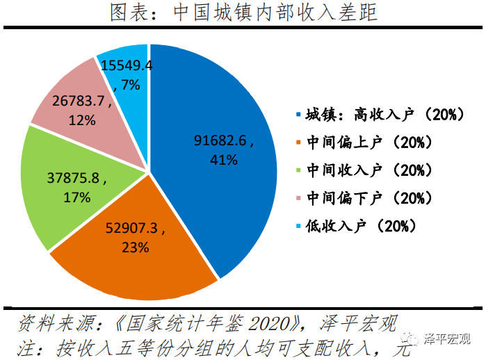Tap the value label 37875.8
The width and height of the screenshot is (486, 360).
(76, 179)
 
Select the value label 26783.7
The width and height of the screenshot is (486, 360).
(81, 101)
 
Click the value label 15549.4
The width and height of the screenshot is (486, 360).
(127, 66)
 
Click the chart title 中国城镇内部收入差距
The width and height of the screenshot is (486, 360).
(243, 13)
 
